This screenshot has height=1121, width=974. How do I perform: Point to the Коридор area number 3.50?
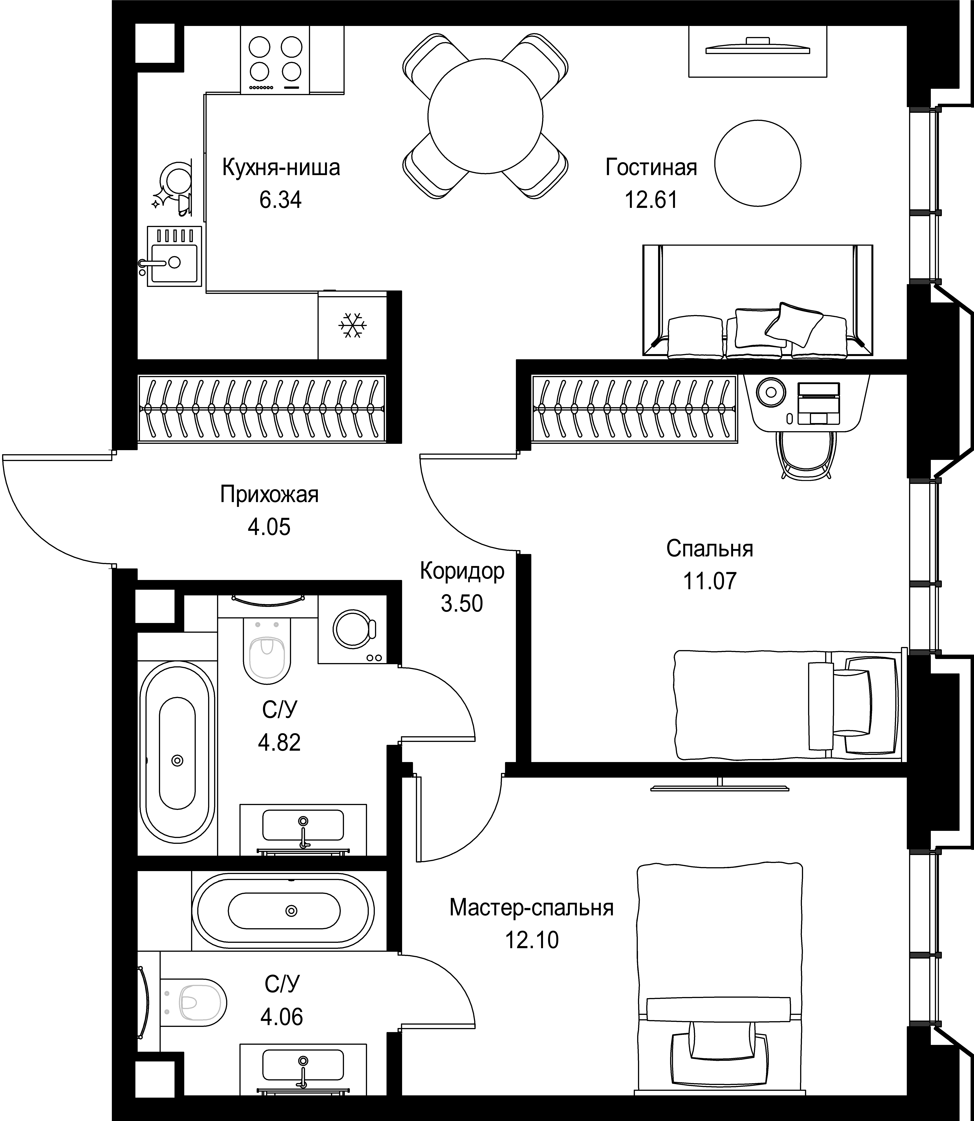(x=462, y=604)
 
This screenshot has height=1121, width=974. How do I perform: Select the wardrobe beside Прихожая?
(x=261, y=408)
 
